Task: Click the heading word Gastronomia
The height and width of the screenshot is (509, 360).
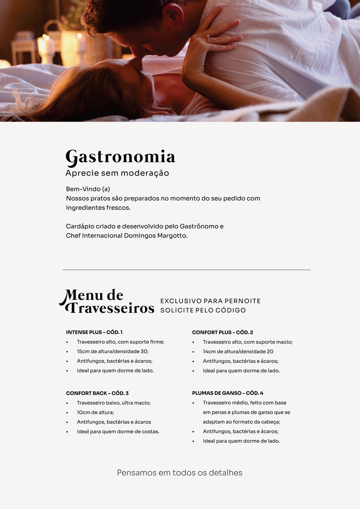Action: click(x=120, y=157)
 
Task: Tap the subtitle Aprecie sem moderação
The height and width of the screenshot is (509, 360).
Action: click(x=117, y=173)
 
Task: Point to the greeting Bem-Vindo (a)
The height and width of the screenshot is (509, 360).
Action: click(x=88, y=189)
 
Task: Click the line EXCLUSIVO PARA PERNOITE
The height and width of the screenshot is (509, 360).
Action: click(x=210, y=301)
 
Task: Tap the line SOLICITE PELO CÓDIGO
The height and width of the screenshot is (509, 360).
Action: click(x=203, y=310)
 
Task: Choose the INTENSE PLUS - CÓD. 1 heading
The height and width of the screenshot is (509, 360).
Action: click(x=94, y=332)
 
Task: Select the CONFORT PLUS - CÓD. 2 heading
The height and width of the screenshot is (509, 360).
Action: click(x=222, y=332)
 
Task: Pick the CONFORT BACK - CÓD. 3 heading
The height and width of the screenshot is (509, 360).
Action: click(x=97, y=393)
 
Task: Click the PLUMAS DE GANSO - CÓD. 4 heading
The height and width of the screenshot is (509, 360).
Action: click(x=228, y=393)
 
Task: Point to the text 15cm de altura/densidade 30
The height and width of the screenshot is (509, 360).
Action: click(x=113, y=351)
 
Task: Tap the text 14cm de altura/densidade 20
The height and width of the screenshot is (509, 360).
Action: click(x=238, y=351)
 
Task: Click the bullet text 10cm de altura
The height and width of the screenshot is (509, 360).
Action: click(x=95, y=413)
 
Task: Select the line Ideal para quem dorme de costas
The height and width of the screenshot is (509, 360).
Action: click(x=118, y=432)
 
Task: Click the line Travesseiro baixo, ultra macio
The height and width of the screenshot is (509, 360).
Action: click(x=114, y=403)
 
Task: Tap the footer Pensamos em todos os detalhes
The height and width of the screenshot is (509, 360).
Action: click(x=180, y=473)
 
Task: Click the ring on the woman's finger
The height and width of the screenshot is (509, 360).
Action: click(x=208, y=39)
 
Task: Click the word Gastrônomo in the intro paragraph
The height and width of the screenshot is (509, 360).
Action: click(x=199, y=226)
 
